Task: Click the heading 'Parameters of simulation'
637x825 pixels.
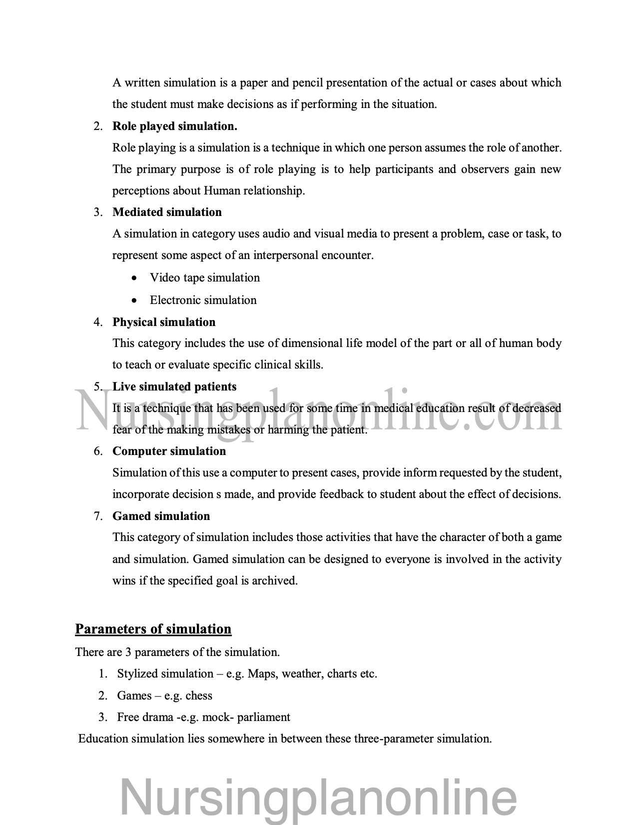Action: coord(153,629)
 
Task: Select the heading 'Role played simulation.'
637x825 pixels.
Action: coord(175,126)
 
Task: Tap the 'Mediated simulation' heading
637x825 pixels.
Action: coord(167,212)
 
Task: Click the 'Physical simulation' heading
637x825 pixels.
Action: coord(164,322)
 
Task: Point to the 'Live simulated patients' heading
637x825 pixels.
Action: coord(174,386)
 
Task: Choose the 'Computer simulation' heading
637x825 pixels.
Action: coord(169,451)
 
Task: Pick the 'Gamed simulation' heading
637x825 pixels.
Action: coord(161,516)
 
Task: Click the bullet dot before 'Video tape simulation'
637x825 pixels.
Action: coord(133,278)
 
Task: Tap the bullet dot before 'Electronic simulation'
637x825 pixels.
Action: coord(133,300)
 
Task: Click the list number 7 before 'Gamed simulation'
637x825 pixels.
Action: coord(97,516)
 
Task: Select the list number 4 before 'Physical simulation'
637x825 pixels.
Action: coord(97,322)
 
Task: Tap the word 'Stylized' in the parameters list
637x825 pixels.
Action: coord(137,674)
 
